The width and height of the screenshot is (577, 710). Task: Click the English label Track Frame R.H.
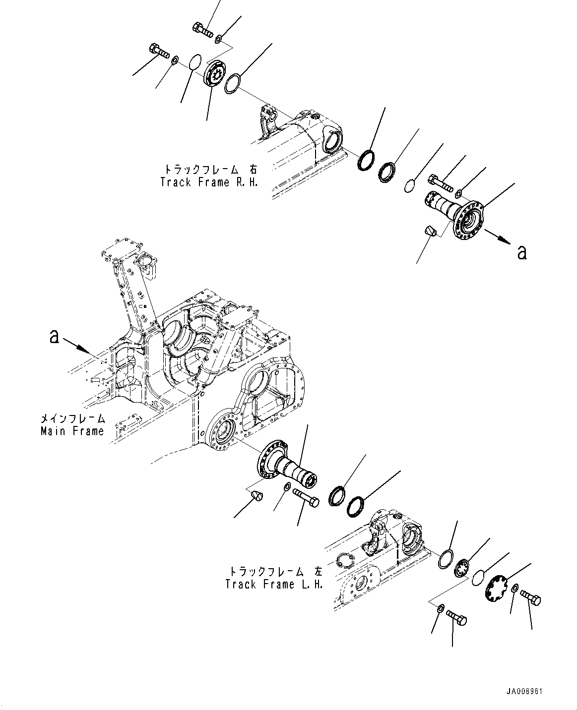[209, 182]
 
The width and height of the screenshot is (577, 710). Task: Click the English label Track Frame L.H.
[274, 584]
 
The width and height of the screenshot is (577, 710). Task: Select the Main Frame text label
[72, 431]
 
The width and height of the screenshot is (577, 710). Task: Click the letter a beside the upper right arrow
[521, 252]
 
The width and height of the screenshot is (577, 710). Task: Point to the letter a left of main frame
[54, 337]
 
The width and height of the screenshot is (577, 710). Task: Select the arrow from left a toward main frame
[77, 345]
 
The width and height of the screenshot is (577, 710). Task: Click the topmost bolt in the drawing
[201, 30]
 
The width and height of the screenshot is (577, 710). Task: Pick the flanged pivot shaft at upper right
[456, 214]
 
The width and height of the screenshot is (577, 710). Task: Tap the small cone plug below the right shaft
[430, 231]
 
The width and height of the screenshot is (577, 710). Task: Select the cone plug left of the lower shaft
[256, 495]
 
